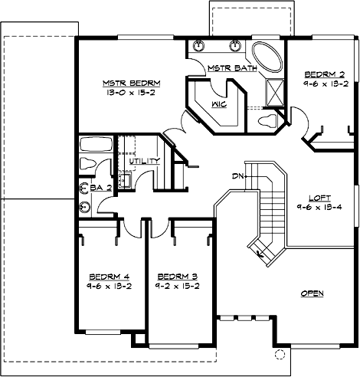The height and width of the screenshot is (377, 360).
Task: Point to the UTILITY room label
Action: coord(144,161)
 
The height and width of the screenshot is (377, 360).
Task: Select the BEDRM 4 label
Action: coord(104,277)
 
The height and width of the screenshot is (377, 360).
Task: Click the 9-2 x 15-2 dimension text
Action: coord(178,287)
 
